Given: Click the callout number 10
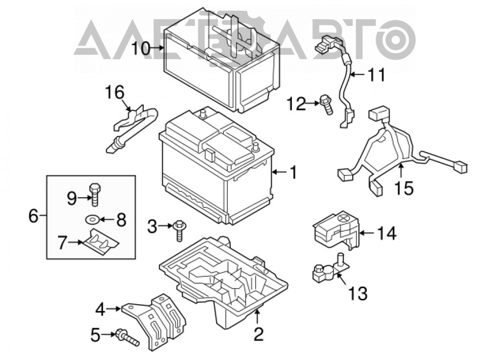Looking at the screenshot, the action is pos(141,48).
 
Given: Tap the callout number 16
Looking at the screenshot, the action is pos(114,92).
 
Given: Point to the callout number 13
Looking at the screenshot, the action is pos(357,293).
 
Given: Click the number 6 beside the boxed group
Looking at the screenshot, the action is pos(33,216).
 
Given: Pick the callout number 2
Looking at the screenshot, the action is pos(259,334).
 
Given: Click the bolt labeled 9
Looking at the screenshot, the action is pos(94,194).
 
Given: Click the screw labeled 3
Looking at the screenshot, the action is pos(179,230).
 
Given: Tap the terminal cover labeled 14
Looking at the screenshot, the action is pos(336,229).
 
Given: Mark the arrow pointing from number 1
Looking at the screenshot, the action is pos(279,172).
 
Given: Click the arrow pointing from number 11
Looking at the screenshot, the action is pos(357,74).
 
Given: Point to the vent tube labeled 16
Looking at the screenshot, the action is pos(134,127).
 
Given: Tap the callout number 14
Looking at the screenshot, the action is pos(387,233).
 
